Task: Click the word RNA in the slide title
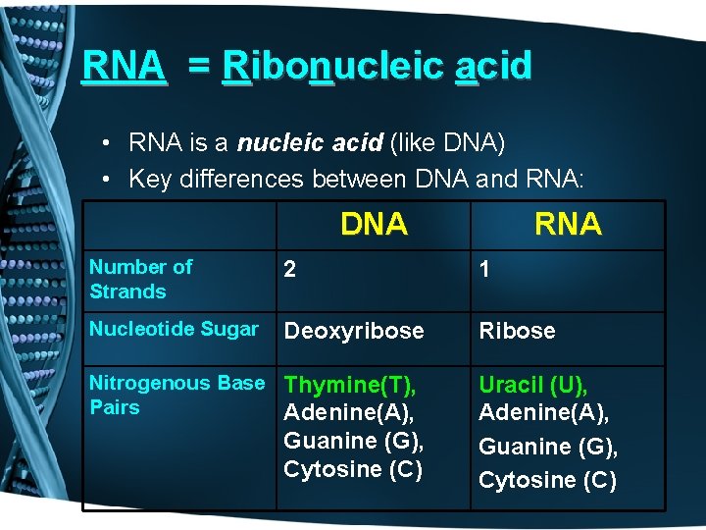coord(124,66)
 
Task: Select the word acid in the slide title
coord(493,66)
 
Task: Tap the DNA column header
coord(374,224)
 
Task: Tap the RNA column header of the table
coord(568,224)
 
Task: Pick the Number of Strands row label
coord(141,279)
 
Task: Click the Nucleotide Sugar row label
coord(174,329)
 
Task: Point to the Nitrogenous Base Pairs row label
coord(176,395)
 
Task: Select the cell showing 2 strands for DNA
coord(290,271)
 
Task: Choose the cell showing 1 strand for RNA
coord(484,271)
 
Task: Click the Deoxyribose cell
coord(354,331)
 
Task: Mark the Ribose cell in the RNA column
coord(517,331)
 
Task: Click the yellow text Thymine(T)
coord(349,386)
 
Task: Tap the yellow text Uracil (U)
coord(532,386)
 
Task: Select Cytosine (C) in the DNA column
coord(353,469)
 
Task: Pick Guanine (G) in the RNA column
coord(548,447)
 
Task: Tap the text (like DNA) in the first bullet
coord(448,143)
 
